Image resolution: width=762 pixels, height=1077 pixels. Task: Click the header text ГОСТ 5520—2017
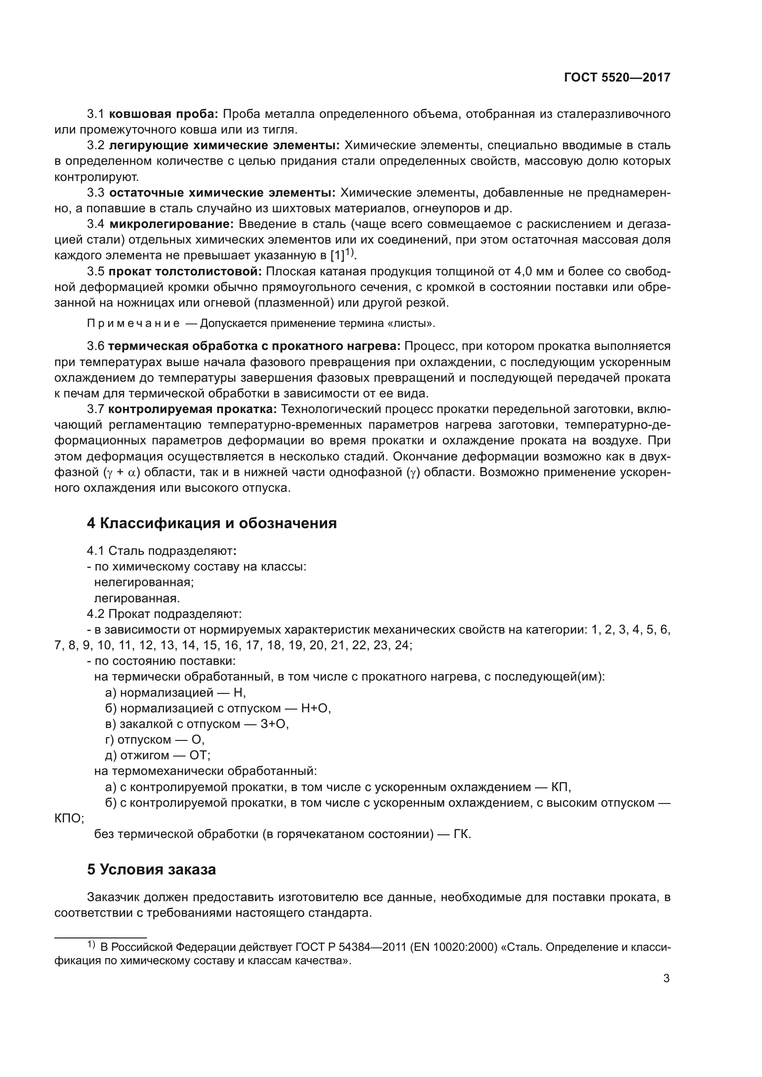(617, 78)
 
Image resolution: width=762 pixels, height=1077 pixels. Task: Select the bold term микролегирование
(171, 224)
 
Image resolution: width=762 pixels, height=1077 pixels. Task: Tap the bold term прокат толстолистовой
(185, 272)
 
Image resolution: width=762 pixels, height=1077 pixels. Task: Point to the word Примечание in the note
(133, 323)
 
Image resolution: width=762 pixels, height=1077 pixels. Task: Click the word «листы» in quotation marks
(416, 323)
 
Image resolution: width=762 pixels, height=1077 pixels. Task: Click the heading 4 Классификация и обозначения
(211, 523)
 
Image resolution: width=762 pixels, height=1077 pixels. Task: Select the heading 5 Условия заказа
(151, 869)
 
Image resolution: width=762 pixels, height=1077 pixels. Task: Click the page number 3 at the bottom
(666, 978)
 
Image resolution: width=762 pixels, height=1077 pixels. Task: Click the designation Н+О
(315, 708)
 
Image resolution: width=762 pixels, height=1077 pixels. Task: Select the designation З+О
(274, 724)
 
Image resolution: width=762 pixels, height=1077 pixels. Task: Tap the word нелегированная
(144, 582)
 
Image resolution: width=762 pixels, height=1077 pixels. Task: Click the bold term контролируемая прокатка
(193, 409)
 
